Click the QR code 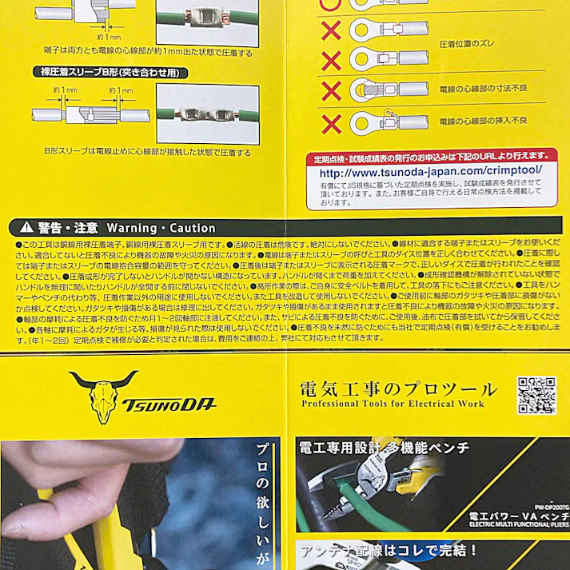coord(536,395)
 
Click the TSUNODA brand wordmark coord(169,404)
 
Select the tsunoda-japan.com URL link coord(431,172)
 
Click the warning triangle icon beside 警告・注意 coord(26,227)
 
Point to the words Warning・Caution coord(161,228)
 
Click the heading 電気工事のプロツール coord(397,390)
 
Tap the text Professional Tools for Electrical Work coord(393,405)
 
